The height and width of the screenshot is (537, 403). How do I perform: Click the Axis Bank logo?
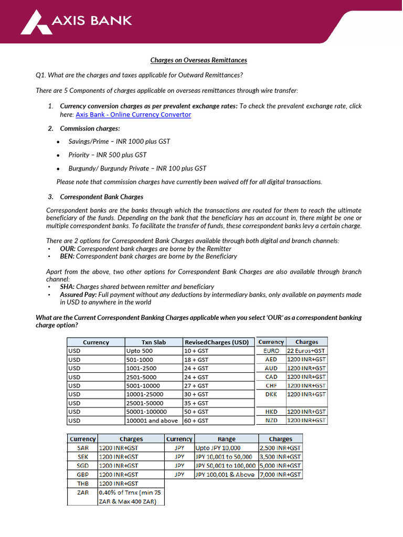coord(76,22)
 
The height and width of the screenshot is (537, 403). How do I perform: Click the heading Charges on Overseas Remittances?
coord(198,60)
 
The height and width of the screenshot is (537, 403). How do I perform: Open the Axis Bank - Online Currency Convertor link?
coord(133,114)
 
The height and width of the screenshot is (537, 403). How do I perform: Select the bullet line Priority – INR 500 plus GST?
coord(108,155)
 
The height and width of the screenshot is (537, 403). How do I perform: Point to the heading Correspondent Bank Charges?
coord(101,197)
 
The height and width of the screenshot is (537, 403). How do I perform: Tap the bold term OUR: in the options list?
coord(68,249)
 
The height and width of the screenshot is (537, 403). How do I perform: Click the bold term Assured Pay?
coord(79,295)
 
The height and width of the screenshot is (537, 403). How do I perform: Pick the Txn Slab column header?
coord(153,342)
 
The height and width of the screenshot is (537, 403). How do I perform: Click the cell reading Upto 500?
coord(140,351)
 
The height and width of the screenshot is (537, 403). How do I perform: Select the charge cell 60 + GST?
coord(196,421)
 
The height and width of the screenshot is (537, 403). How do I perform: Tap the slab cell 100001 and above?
coord(152,421)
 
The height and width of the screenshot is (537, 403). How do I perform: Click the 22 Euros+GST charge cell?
coord(306,350)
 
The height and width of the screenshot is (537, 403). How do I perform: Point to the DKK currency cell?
coord(271,394)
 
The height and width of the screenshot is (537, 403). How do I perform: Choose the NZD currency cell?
coord(271,420)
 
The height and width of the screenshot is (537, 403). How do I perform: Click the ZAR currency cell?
coord(83,492)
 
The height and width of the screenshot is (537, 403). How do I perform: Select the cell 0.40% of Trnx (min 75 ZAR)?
coord(131,497)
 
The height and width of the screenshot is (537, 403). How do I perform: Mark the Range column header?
coord(226,439)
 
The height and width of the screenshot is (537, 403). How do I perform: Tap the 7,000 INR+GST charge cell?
coord(280,474)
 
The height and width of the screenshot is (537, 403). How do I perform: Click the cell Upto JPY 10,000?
coord(218,448)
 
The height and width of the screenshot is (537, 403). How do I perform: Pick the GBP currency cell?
coord(83,474)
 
